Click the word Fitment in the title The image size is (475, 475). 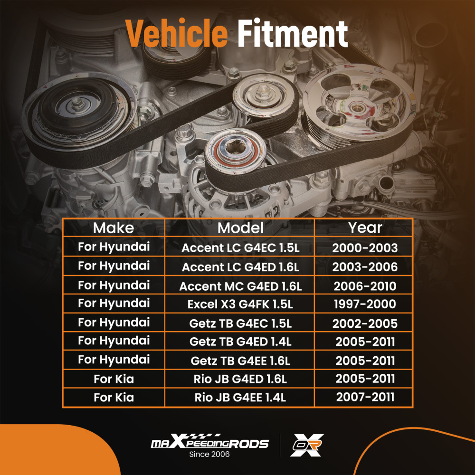coord(292,34)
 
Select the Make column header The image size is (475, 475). coord(114,228)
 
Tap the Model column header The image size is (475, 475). coord(240,228)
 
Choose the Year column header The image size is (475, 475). coord(365,228)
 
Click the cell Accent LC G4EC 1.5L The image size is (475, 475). coord(240,247)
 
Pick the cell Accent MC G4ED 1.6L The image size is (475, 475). coord(240,286)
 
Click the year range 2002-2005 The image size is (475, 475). coord(365,323)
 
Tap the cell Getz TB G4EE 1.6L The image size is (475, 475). coord(240,361)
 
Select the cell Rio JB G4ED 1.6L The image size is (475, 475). coord(240,379)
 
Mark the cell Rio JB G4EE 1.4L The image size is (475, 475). coord(240,398)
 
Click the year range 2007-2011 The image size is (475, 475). coord(365,398)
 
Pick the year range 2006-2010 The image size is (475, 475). coord(365,286)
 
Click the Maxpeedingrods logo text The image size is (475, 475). coord(209,444)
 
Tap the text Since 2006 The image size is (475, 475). coord(209,455)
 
